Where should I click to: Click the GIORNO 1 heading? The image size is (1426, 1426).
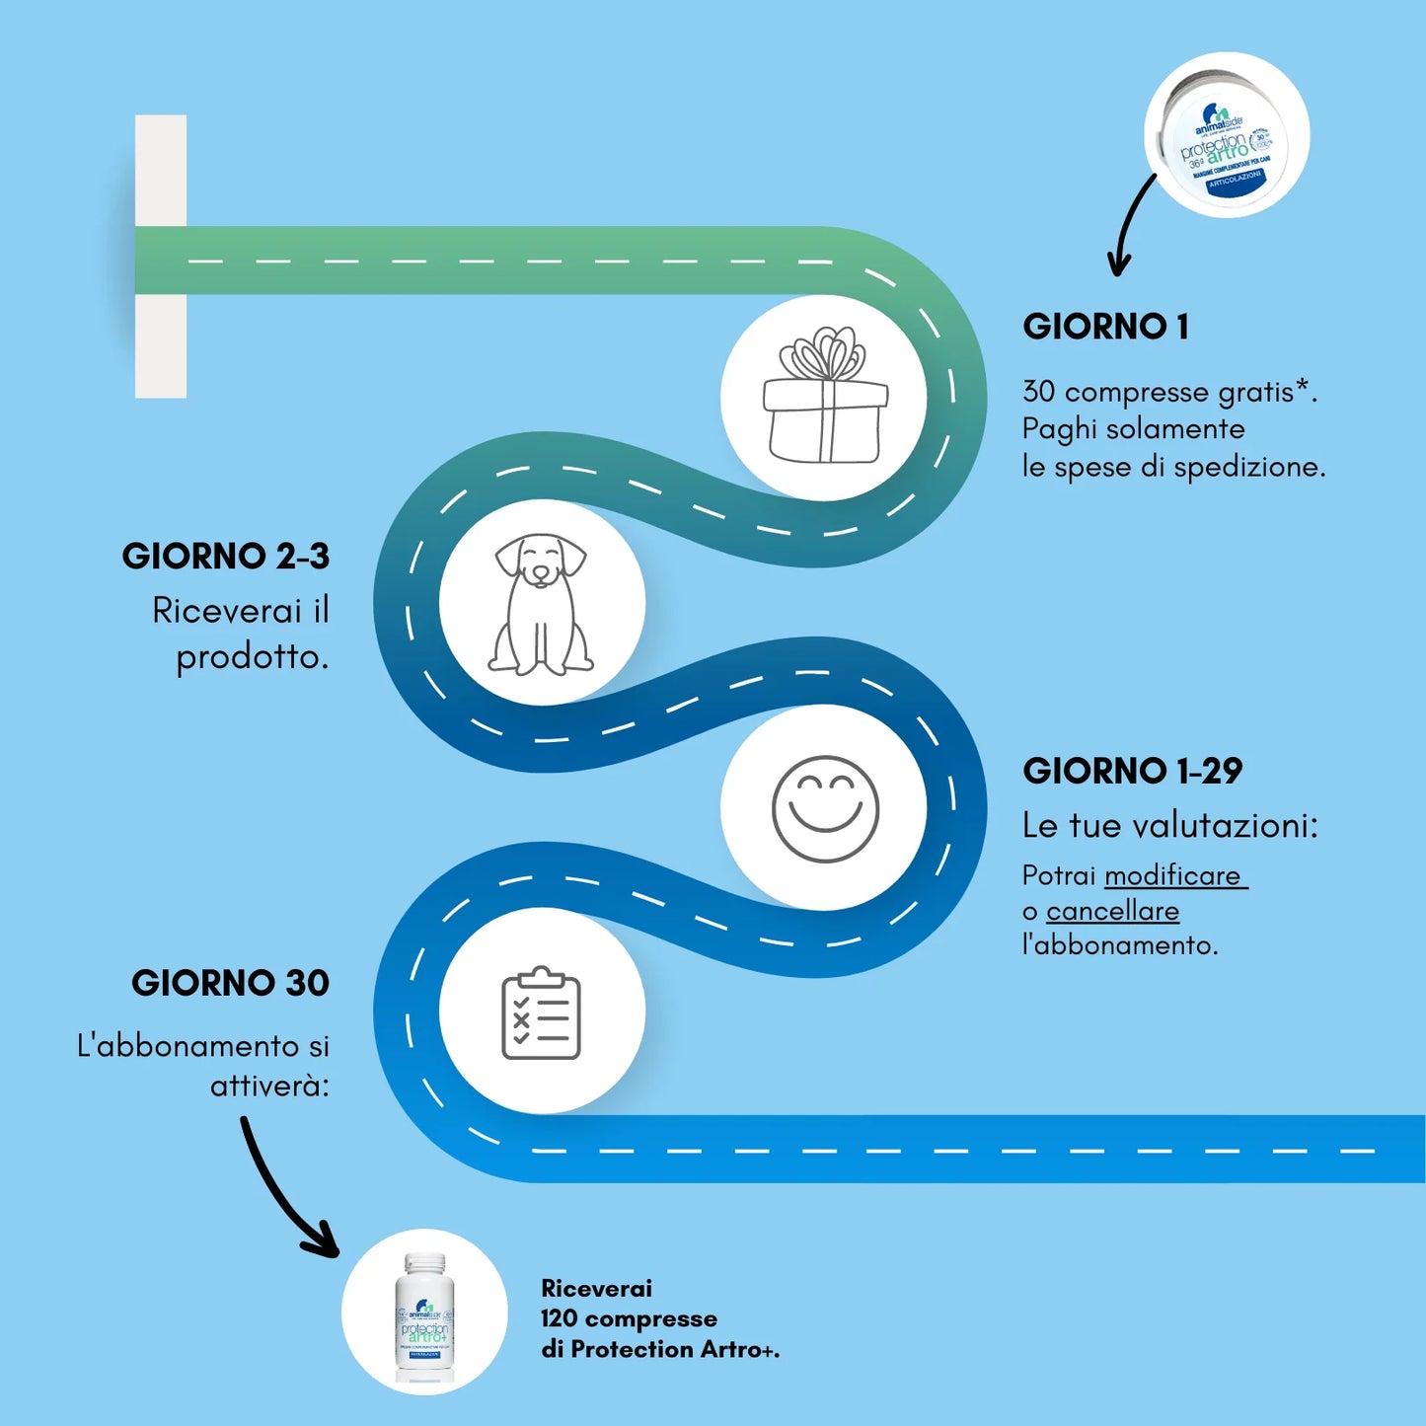1105,327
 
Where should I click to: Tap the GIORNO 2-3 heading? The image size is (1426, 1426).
225,557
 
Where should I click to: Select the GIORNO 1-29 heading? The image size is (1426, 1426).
1132,771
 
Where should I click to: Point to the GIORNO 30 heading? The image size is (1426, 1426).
230,983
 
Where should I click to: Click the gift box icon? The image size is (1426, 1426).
825,397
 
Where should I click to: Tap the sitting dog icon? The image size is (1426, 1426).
541,604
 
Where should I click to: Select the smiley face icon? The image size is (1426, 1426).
825,808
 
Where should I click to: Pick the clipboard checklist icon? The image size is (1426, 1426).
541,1013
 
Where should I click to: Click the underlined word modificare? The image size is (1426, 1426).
1173,876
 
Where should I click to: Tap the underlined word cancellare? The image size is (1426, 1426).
1112,911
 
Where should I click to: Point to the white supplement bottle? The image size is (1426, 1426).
424,1313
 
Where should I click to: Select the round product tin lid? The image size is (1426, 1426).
1227,135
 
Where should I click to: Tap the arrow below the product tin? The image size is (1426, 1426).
1132,225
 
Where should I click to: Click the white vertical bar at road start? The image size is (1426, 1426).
161,257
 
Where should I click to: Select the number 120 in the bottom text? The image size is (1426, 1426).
559,1319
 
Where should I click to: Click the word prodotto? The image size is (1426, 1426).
252,657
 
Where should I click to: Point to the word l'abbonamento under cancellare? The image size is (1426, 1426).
1119,945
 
